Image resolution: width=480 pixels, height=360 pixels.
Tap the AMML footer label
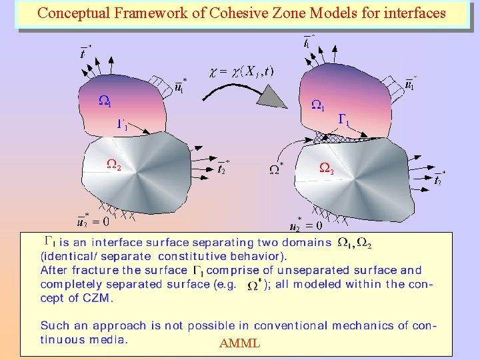tap(239, 344)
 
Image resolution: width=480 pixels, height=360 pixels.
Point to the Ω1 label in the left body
tap(105, 101)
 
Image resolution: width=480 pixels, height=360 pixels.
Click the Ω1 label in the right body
tap(319, 105)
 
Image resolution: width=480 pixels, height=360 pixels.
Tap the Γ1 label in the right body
tap(345, 120)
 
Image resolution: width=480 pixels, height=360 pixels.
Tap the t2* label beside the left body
tap(224, 167)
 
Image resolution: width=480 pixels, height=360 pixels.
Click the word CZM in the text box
tap(99, 298)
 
